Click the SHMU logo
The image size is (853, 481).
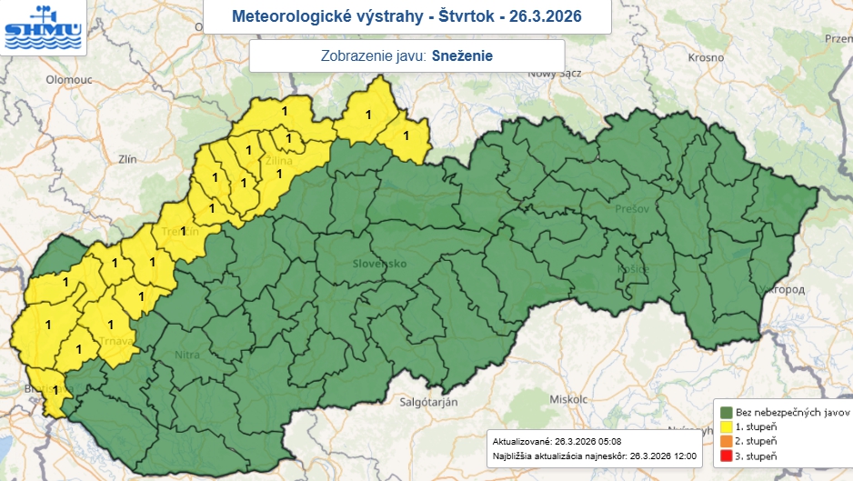click(x=43, y=28)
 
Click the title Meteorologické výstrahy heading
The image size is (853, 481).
click(x=406, y=16)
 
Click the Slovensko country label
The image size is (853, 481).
click(x=379, y=264)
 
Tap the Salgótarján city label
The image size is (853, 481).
click(x=428, y=401)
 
